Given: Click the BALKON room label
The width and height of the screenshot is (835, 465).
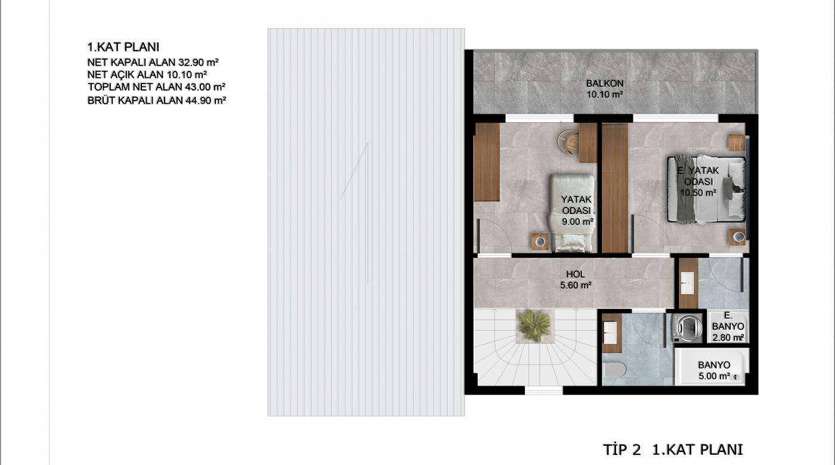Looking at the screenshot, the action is pos(605,83).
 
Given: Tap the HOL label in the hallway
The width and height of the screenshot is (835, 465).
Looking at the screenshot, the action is pos(576,274).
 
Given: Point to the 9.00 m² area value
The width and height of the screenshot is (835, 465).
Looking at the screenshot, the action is pos(577,222).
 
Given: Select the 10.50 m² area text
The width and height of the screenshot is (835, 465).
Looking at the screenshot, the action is pos(698,193).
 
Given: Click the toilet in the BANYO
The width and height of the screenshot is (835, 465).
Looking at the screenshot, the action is pos(615,370).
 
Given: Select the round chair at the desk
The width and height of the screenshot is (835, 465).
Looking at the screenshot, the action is pos(568,142).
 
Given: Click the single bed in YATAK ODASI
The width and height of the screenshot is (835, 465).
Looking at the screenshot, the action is pos(571,213).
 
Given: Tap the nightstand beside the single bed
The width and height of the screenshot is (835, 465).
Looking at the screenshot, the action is pos(540,241).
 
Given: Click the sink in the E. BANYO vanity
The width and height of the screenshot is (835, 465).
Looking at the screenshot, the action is pos(687,283).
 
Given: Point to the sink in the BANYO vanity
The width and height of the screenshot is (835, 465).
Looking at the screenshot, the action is pos(610,333).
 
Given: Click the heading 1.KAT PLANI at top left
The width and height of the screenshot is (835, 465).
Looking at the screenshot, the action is pos(123,47).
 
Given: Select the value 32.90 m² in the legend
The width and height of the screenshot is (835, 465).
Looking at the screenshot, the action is pos(199,62).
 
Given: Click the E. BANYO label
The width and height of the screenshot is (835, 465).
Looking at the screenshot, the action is pos(728,321).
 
